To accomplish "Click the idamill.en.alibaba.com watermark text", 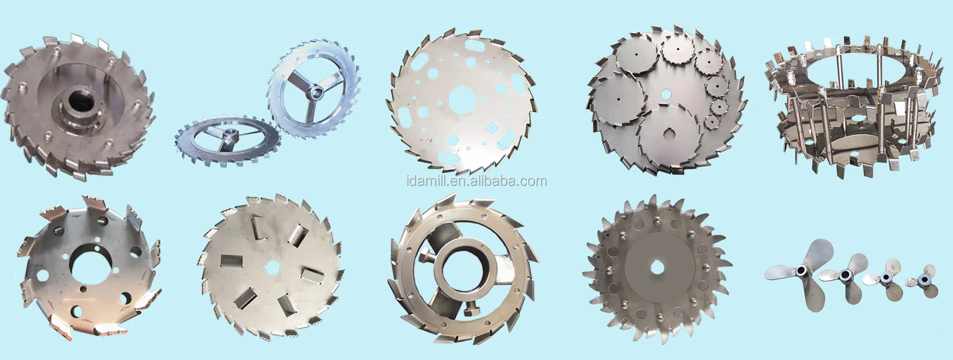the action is coord(477,181).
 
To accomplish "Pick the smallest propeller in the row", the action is coord(921,280).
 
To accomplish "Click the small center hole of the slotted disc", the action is coord(271,267).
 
